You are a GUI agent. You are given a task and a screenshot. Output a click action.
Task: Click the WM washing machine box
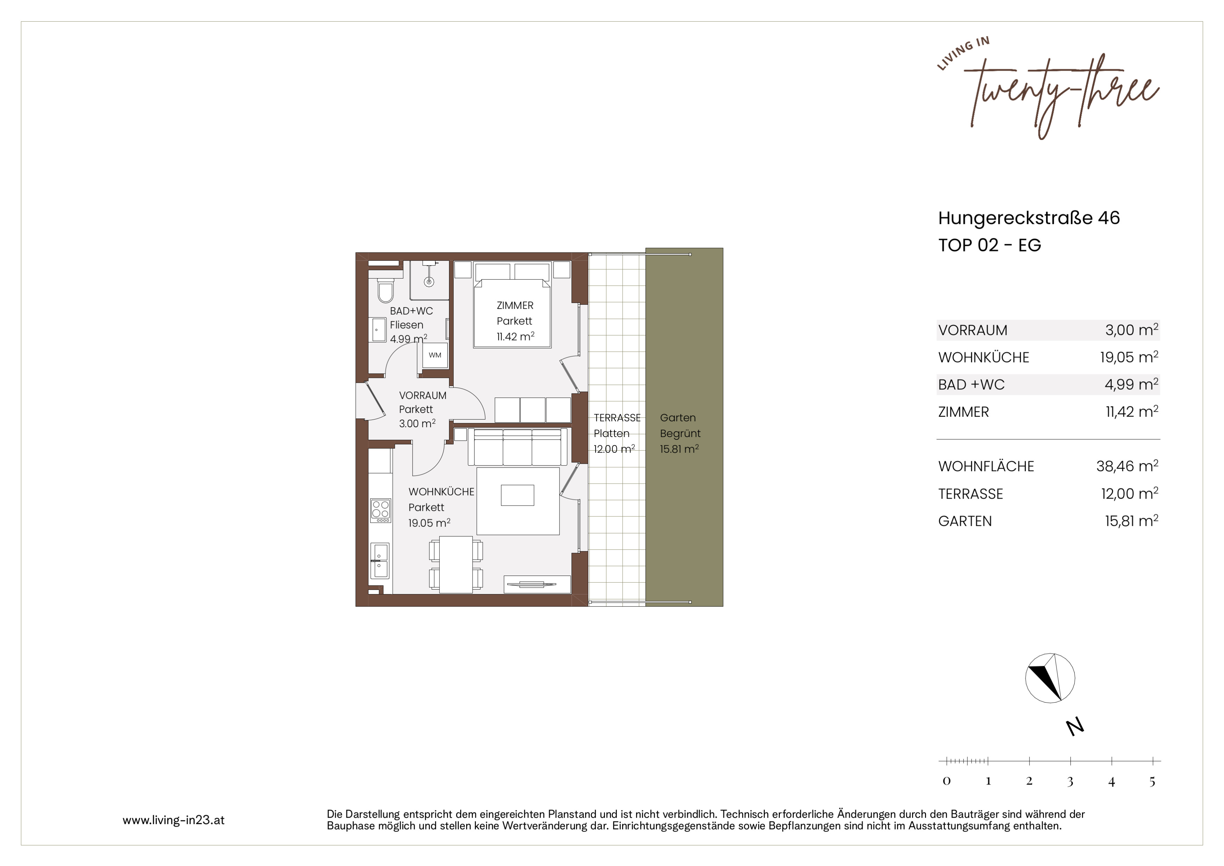point(435,355)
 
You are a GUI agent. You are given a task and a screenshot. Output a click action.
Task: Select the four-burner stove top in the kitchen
point(380,510)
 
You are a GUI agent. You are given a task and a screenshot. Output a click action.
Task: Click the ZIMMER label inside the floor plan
point(515,305)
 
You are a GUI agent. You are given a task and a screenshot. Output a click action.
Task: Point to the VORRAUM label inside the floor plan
point(423,396)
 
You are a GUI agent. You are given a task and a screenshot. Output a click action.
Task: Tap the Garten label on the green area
point(678,417)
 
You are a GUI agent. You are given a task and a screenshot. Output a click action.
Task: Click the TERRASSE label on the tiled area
point(617,417)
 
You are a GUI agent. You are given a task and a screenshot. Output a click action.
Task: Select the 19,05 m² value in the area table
point(1129,357)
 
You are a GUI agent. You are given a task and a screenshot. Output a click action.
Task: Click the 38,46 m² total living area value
point(1127,466)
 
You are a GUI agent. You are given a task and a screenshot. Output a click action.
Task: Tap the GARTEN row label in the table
point(965,521)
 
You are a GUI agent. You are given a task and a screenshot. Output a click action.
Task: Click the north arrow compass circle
point(1050,678)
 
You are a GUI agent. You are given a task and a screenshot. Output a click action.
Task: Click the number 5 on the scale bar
point(1152,781)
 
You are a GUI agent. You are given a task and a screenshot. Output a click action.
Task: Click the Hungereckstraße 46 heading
point(1029,218)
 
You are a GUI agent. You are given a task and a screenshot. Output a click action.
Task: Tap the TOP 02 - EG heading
point(989,245)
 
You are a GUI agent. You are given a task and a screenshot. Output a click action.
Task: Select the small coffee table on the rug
point(518,495)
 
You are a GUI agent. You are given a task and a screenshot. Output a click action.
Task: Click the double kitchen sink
point(380,561)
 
